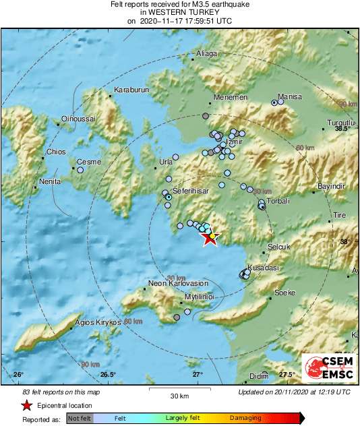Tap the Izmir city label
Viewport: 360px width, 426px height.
(233, 143)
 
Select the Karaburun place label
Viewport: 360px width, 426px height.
(129, 90)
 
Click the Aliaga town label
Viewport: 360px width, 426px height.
(205, 53)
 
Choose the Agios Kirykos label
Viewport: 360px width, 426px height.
(98, 322)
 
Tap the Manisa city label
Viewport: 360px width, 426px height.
(290, 96)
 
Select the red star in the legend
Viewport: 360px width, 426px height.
(26, 406)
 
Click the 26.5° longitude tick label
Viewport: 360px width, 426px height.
(108, 375)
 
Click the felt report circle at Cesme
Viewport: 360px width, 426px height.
(80, 171)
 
